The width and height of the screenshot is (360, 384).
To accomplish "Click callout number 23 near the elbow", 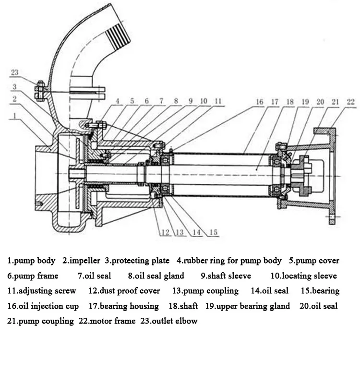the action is click(15, 72).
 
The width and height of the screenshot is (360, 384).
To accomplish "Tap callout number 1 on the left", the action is click(15, 116).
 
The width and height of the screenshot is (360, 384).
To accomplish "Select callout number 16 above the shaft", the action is click(260, 102).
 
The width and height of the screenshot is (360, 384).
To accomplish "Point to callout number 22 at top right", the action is click(351, 102).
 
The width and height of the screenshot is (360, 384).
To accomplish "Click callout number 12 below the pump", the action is click(166, 232).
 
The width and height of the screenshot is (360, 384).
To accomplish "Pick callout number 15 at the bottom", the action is click(213, 232).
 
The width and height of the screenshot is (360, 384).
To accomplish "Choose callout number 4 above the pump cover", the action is click(118, 101).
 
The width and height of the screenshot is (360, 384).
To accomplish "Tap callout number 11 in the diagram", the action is click(218, 101).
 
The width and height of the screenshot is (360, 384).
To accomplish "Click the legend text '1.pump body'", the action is click(31, 261).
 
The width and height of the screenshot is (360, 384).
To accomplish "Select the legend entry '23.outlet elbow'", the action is click(169, 321).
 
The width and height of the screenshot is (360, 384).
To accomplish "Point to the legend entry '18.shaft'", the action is click(183, 306).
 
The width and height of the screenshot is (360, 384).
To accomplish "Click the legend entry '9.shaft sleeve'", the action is click(226, 276).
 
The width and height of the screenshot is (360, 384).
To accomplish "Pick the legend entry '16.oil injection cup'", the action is click(43, 306).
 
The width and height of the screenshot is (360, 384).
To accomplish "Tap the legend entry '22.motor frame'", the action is click(107, 321).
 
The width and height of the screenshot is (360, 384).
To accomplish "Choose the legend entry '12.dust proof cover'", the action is click(124, 291).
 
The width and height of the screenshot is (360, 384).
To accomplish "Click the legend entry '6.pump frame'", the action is click(33, 276).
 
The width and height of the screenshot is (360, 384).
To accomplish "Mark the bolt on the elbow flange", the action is click(40, 91).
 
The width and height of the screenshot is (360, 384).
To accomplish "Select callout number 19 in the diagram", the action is click(305, 102).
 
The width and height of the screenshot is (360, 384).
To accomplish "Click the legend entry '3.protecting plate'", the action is click(137, 261).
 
